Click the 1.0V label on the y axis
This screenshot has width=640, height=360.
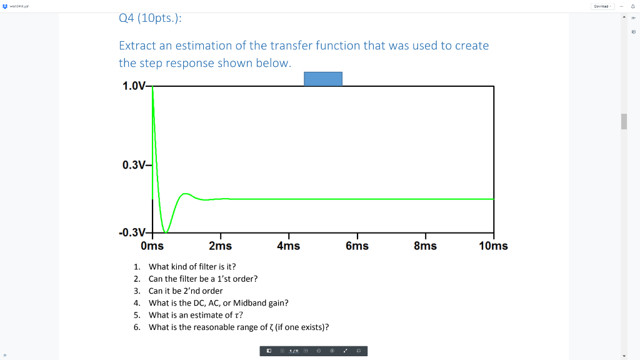(x=134, y=86)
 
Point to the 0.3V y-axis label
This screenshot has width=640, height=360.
(x=134, y=165)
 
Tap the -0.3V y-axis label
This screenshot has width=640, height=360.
(x=132, y=232)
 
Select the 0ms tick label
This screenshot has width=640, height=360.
(x=152, y=246)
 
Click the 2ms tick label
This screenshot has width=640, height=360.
(x=220, y=246)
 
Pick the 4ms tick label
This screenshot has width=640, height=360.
(x=288, y=246)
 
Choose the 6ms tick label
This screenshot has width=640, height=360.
(x=357, y=246)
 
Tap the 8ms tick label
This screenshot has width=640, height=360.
(x=425, y=246)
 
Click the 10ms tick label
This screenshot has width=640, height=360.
(x=493, y=246)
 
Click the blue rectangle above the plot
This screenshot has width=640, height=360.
(x=323, y=79)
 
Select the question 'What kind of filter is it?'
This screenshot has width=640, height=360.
(x=192, y=267)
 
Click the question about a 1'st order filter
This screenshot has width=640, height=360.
(x=202, y=279)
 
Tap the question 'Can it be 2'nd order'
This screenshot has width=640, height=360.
(x=186, y=291)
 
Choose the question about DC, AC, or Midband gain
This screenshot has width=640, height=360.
(x=218, y=302)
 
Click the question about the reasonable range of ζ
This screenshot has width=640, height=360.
(x=239, y=327)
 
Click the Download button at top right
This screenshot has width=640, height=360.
(x=602, y=6)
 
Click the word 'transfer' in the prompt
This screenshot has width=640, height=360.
(x=293, y=46)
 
